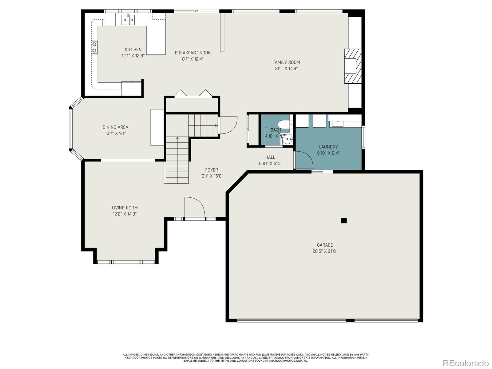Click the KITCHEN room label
point(133,50)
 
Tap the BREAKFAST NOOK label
point(193,53)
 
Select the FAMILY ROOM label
point(286,62)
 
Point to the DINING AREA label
point(115,127)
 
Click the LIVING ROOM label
point(125,208)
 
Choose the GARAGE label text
point(325,245)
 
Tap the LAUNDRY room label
point(328,147)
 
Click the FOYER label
point(212,170)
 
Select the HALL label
point(270,157)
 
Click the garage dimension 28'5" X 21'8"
point(325,251)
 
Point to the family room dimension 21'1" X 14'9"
point(286,68)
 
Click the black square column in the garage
point(344,221)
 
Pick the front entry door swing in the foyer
point(195,207)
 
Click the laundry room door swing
point(304,160)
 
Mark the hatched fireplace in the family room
point(353,66)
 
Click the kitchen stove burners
point(94,47)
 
